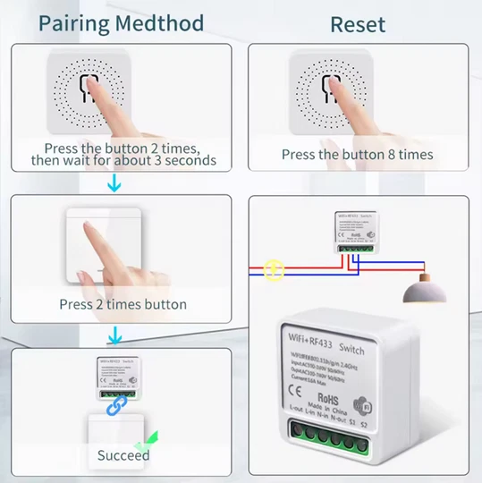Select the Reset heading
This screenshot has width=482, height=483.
click(358, 23)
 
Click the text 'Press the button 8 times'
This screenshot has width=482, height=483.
click(357, 154)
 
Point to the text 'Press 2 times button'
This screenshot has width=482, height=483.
click(123, 304)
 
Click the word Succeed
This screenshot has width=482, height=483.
click(123, 455)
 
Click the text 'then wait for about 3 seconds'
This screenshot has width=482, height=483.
click(123, 160)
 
